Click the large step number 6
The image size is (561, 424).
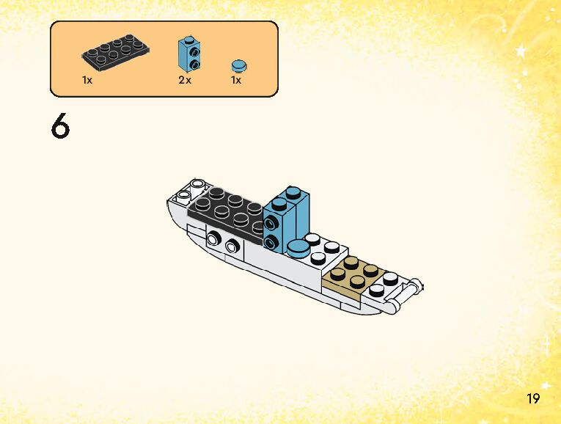click(x=60, y=126)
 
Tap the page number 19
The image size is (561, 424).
click(x=532, y=398)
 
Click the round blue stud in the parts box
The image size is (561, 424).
click(x=237, y=65)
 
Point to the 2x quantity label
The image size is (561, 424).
click(x=185, y=80)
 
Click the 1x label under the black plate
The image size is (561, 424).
click(x=87, y=80)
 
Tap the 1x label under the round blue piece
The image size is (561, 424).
click(x=236, y=80)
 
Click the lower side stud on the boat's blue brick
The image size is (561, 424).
click(x=272, y=241)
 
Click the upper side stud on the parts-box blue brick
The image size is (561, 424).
click(x=195, y=51)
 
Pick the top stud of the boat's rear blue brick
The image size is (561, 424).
click(x=293, y=193)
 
